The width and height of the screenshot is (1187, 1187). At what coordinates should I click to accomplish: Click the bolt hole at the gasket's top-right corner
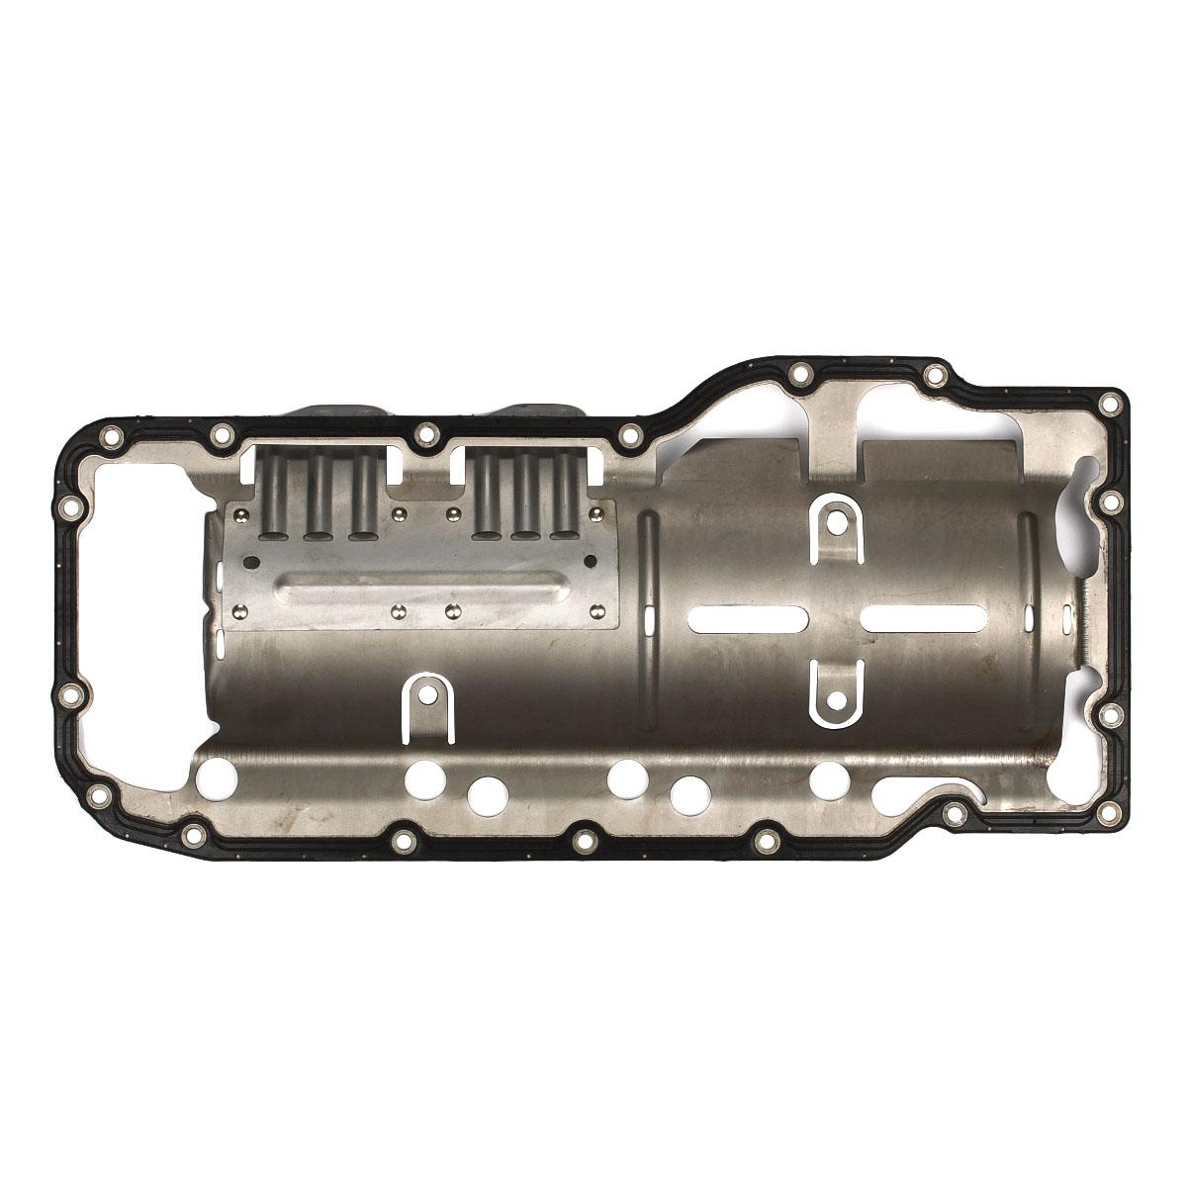point(1112,404)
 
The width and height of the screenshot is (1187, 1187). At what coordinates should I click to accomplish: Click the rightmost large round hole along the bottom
point(827,781)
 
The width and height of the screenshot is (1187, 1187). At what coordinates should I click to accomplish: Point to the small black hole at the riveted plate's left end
point(250,562)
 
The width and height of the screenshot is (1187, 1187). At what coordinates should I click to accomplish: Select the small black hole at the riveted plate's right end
point(592,562)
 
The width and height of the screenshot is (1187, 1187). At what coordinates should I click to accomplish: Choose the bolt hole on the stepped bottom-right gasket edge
point(956,813)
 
